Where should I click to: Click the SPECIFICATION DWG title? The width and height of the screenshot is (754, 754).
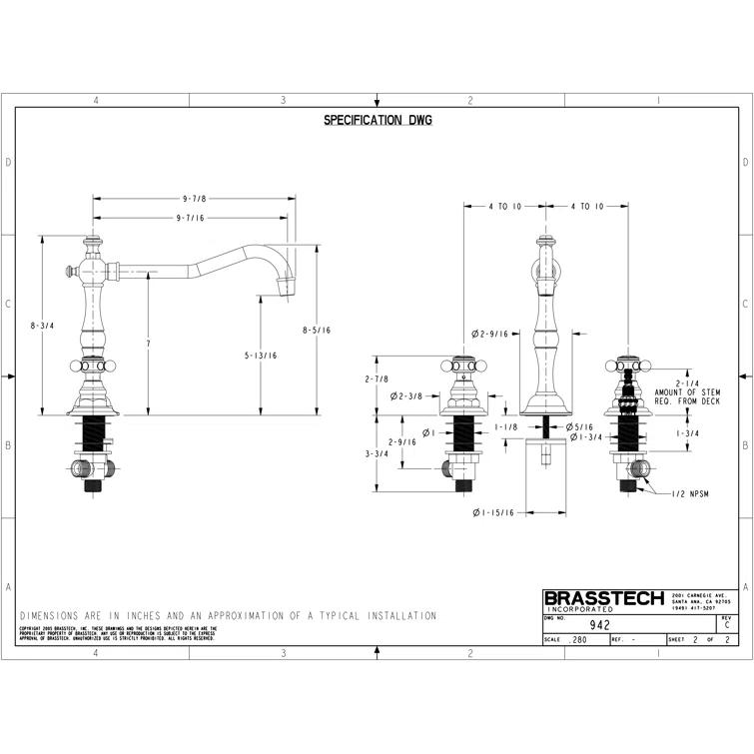(377, 121)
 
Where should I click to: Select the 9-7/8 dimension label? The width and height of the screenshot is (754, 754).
(194, 199)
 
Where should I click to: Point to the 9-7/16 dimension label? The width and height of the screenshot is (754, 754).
(190, 218)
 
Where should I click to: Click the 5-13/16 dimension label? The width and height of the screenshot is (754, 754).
(262, 355)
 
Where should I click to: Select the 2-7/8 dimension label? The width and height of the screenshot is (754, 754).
(376, 378)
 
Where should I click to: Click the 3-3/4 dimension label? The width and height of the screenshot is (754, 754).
(376, 453)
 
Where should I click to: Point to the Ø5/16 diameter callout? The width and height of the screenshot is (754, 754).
(581, 427)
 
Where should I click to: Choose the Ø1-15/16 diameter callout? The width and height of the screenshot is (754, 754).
(493, 512)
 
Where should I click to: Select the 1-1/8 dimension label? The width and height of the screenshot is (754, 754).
(507, 427)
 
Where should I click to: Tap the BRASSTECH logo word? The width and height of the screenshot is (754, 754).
(602, 598)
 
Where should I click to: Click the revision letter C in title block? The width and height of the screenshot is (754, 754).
(727, 625)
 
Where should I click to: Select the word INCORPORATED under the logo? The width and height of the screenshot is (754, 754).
(581, 610)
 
